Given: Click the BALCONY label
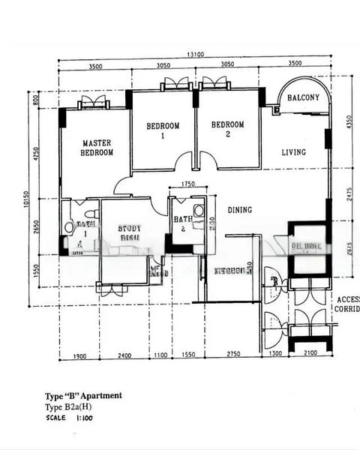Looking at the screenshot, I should [303, 98].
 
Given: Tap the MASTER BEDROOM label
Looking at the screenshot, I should [97, 148].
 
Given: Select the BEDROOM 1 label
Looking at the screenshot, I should [162, 130].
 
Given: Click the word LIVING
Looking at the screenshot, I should [293, 153].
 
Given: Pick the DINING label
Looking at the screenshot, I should [239, 210].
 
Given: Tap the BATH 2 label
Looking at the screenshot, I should [182, 224].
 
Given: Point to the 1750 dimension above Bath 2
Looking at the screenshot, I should [187, 184].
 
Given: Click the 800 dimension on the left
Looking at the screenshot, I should [35, 98].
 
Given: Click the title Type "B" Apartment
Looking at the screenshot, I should [83, 395].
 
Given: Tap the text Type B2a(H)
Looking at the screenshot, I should [68, 406].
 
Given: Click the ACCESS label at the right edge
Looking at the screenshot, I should [348, 298].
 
